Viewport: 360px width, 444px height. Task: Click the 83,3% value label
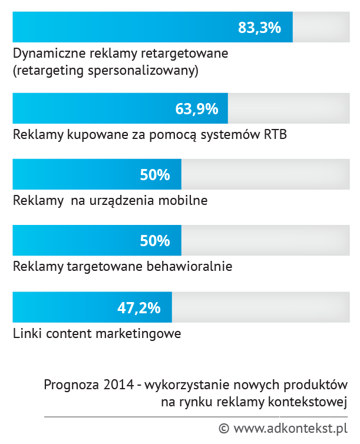tap(259, 28)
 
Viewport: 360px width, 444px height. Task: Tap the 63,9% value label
tap(197, 109)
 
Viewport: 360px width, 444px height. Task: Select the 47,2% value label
tap(139, 307)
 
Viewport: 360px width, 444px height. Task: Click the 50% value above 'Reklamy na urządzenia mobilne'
tap(154, 175)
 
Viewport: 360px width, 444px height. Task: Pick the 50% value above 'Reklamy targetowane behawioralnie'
tap(154, 241)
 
